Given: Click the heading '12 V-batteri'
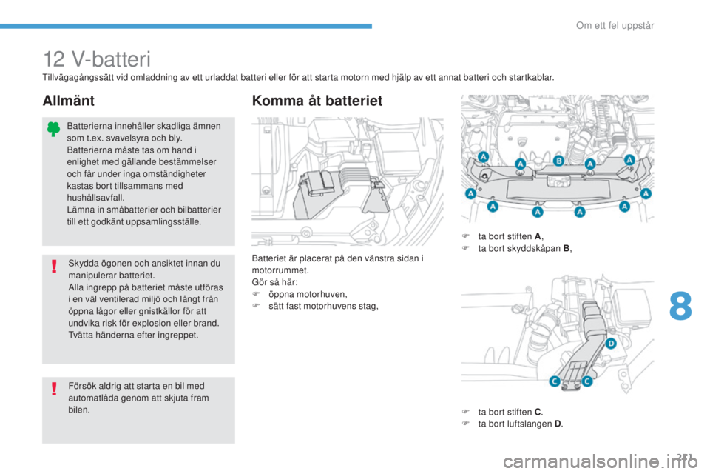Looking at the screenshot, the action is click(x=96, y=59).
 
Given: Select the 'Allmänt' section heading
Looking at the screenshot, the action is click(x=68, y=100).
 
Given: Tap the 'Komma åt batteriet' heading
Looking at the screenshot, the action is click(x=317, y=100).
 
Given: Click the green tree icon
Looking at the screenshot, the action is click(x=53, y=130).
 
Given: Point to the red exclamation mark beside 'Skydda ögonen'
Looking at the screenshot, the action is click(x=54, y=267).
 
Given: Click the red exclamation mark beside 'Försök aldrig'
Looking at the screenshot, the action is click(x=54, y=389).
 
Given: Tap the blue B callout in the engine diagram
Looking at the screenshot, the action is click(x=559, y=161).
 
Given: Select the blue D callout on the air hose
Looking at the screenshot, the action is click(x=611, y=344).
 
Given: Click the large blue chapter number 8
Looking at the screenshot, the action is click(x=680, y=306).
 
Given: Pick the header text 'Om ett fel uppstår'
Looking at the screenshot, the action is click(x=615, y=25).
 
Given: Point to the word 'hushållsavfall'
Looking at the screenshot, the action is click(x=95, y=197).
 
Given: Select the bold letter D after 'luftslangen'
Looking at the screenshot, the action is click(x=558, y=424).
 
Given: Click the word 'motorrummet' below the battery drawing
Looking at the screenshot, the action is click(x=280, y=270).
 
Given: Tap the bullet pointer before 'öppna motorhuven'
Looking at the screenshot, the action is click(x=255, y=294).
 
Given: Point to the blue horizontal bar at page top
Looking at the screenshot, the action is click(x=186, y=27).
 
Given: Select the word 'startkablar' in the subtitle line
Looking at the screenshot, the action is click(x=530, y=77).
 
